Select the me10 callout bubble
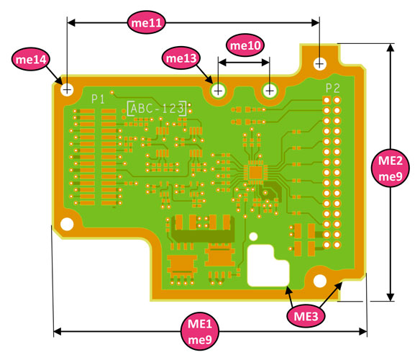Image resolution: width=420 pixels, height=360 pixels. point(245,45)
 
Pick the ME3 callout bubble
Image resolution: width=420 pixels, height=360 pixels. point(306,315)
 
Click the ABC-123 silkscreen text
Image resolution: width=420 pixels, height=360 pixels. point(157,108)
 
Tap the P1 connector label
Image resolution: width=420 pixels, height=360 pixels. point(99,97)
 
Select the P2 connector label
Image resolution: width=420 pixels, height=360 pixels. point(332,88)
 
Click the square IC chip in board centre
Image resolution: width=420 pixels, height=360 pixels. point(255,172)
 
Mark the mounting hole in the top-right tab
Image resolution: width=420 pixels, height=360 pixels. point(319,63)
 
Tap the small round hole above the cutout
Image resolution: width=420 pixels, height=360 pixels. point(253,235)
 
